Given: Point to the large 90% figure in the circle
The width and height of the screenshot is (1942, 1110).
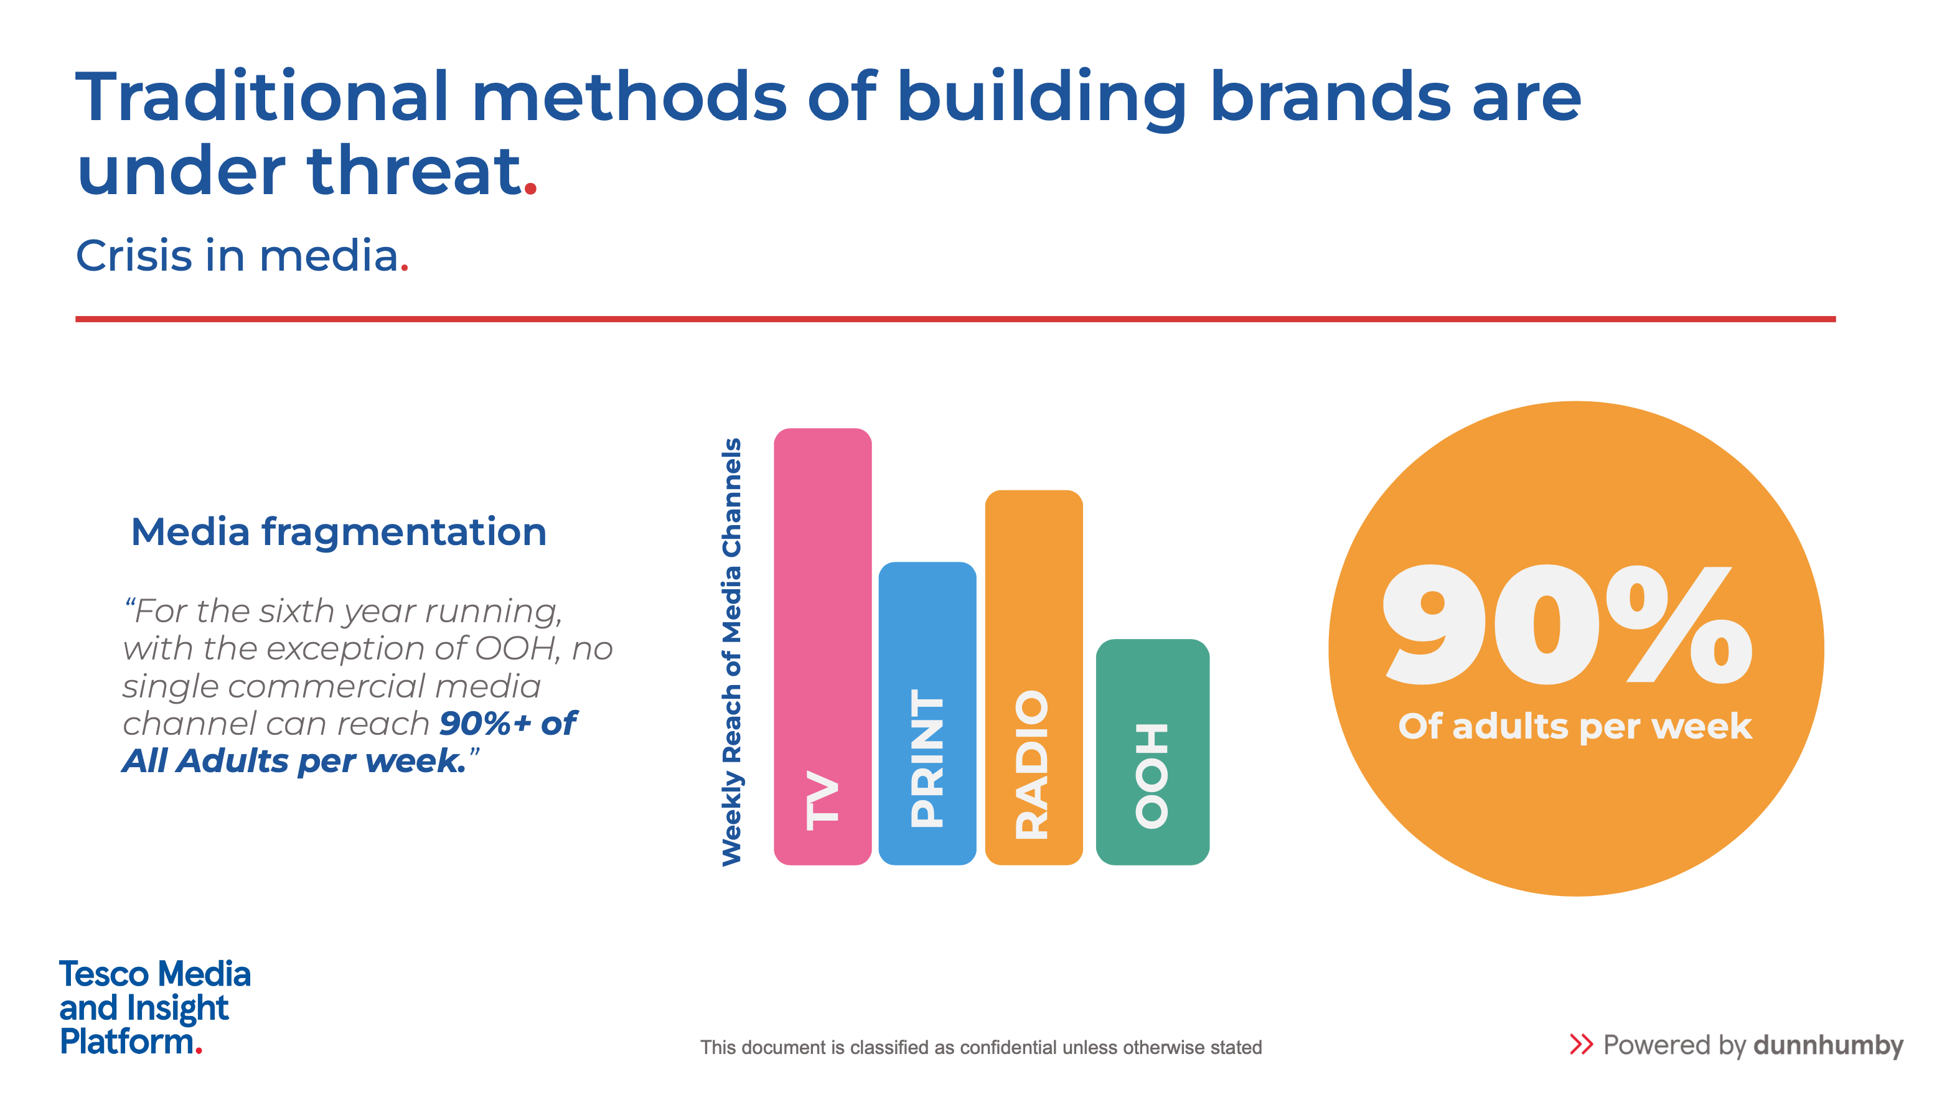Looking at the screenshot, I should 1567,625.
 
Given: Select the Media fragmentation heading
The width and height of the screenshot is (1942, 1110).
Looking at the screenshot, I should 339,531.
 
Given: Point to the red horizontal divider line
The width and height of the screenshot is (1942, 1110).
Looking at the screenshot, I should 955,319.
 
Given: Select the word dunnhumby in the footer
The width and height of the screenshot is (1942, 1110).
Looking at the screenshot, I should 1827,1045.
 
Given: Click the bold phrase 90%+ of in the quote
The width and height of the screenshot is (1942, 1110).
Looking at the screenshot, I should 508,724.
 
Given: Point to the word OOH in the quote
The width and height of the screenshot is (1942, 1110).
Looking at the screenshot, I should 514,649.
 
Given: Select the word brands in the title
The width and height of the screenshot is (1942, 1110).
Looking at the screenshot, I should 1330,97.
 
